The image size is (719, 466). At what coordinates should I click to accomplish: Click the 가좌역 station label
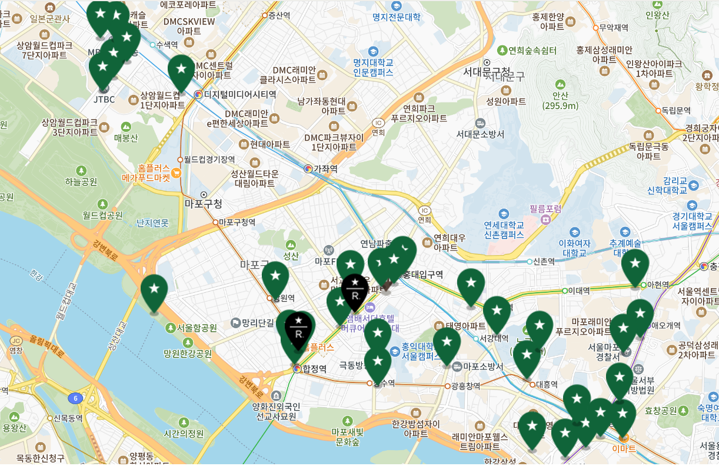[325, 168]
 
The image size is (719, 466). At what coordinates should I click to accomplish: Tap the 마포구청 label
[204, 204]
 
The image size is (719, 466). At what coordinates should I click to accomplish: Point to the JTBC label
[104, 99]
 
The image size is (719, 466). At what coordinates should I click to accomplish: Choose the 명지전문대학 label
[397, 17]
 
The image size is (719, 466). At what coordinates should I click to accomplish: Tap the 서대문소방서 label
[480, 134]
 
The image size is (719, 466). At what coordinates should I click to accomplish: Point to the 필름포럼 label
[545, 209]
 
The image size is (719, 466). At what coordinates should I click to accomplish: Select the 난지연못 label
[152, 223]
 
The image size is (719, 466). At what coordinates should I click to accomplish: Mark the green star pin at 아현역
[635, 267]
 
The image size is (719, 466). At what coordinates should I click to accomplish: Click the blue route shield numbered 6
[75, 399]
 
